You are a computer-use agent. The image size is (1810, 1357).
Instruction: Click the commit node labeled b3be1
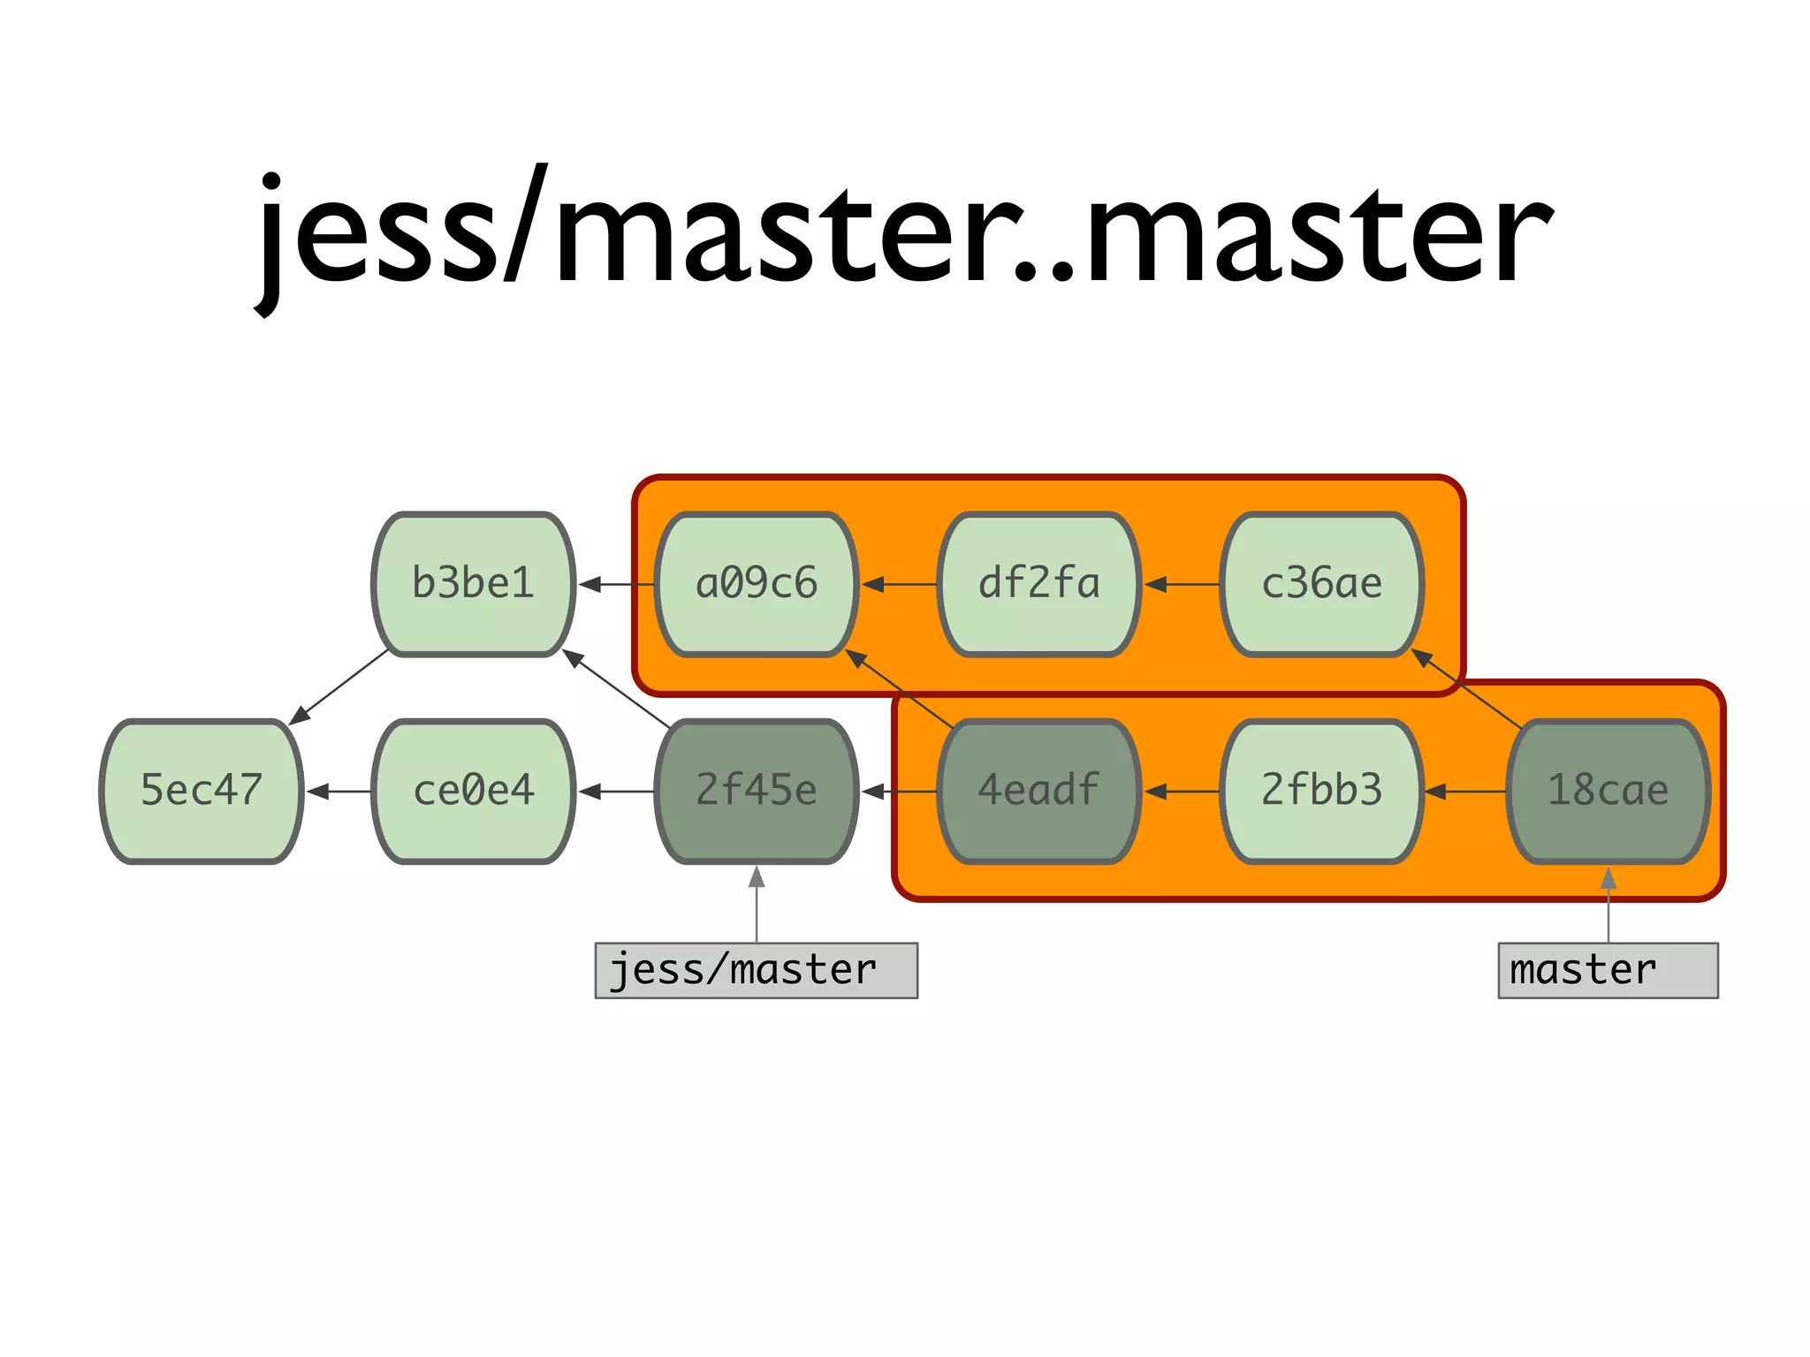click(474, 584)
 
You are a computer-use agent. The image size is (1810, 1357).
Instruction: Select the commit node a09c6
click(757, 584)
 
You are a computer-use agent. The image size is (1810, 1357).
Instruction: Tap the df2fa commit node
click(1039, 584)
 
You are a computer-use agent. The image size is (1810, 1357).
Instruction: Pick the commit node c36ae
click(1322, 584)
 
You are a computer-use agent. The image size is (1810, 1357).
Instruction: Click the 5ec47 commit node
click(202, 791)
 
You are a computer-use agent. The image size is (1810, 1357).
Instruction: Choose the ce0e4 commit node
click(474, 791)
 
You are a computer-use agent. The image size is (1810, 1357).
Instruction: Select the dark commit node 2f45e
click(757, 791)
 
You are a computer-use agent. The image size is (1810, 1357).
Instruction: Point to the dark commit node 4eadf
click(1039, 791)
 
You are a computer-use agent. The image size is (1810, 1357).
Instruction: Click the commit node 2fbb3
click(1322, 791)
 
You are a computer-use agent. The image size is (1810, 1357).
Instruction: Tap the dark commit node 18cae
click(1608, 791)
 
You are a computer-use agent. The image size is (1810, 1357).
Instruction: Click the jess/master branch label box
click(757, 970)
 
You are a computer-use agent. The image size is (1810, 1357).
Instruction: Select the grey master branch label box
click(1608, 970)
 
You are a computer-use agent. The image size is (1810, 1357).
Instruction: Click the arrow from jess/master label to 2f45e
click(757, 905)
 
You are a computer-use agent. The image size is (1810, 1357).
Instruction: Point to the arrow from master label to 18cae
click(1608, 906)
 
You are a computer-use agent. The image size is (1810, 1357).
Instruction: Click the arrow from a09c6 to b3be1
click(617, 584)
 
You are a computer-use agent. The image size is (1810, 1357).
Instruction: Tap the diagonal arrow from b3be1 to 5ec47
click(340, 687)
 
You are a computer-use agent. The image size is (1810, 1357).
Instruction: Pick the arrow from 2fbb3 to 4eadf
click(1183, 791)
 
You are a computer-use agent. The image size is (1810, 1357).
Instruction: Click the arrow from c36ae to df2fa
click(1183, 584)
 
